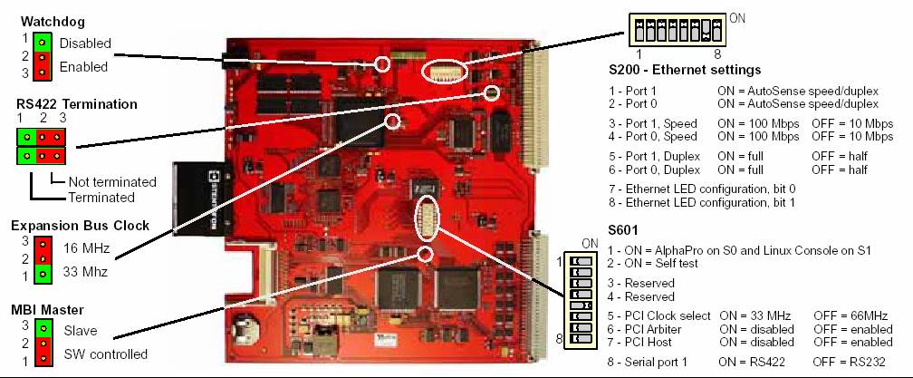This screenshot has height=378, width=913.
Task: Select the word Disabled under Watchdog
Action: pyautogui.click(x=85, y=43)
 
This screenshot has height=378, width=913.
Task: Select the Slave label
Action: pyautogui.click(x=81, y=331)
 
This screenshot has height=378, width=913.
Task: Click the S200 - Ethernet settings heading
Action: pyautogui.click(x=685, y=70)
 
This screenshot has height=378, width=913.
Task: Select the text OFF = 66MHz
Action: pyautogui.click(x=851, y=315)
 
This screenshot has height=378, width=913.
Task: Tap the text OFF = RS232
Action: pyautogui.click(x=851, y=360)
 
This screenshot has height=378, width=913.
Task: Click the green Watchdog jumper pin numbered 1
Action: pyautogui.click(x=42, y=42)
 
